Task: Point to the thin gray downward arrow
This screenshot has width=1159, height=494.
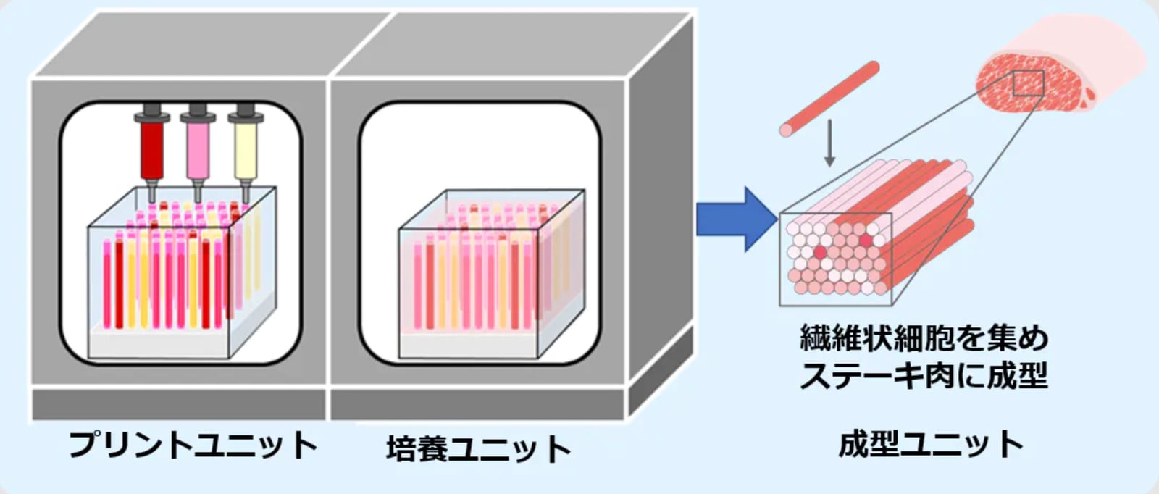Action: click(x=829, y=143)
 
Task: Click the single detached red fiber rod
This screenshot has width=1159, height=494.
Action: click(x=829, y=99)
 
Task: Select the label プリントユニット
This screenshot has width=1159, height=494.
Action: click(x=193, y=445)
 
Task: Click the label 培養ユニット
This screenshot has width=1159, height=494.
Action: click(x=479, y=448)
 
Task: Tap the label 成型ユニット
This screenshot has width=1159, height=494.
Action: click(x=931, y=444)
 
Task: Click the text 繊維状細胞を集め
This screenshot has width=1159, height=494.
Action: click(x=924, y=338)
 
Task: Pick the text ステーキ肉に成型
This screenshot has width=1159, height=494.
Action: click(x=924, y=375)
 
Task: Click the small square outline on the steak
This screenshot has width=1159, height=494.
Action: click(x=1028, y=83)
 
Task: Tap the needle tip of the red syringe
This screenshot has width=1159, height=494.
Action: click(x=152, y=202)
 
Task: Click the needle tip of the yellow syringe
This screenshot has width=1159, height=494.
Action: click(x=246, y=202)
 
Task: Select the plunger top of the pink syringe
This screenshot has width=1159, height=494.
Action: click(x=198, y=109)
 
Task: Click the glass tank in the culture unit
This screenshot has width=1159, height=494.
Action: click(x=492, y=274)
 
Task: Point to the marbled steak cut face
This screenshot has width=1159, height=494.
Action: click(x=1032, y=83)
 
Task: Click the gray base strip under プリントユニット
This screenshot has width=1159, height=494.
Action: click(x=179, y=404)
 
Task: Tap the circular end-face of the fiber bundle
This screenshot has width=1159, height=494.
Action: click(x=836, y=258)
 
